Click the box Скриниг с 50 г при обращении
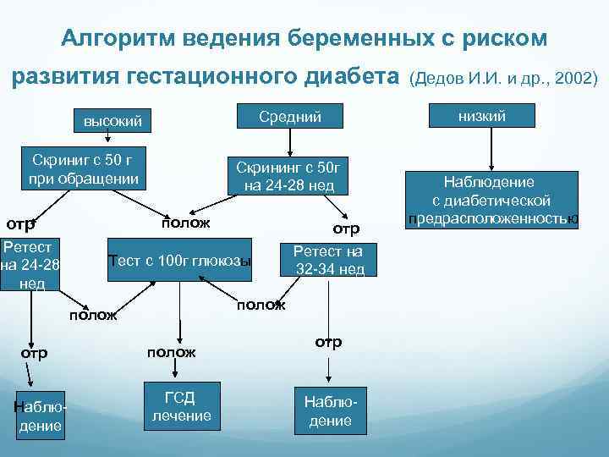coord(85,169)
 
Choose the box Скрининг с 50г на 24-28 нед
coord(286,176)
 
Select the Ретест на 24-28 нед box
coord(30,266)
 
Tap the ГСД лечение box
coord(181,406)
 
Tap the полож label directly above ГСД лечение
coord(171,351)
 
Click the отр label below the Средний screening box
coord(346,228)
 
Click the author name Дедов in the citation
coord(438,78)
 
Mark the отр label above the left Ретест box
coord(20,225)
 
